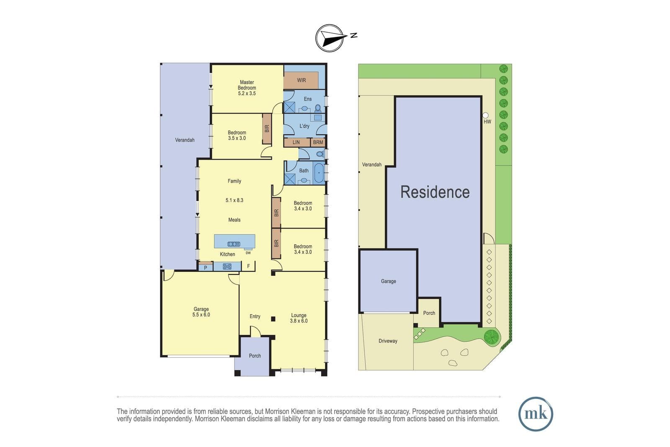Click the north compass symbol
tap(330, 38)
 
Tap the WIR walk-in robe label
tap(301, 80)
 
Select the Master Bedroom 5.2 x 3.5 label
tap(247, 88)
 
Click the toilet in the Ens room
tap(318, 108)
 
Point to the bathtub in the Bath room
tap(319, 173)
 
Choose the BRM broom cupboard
tap(318, 142)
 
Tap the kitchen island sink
tap(234, 244)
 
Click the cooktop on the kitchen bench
tap(227, 266)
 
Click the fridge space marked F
tap(248, 266)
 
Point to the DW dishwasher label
tap(248, 253)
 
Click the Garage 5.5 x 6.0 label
tap(201, 312)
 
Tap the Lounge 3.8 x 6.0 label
tap(299, 318)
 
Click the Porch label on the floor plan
tap(255, 356)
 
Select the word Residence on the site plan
tap(435, 192)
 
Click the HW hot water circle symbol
tap(485, 115)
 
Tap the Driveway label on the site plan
tap(388, 341)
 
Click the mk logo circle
tap(536, 414)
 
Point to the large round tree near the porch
tap(491, 337)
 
